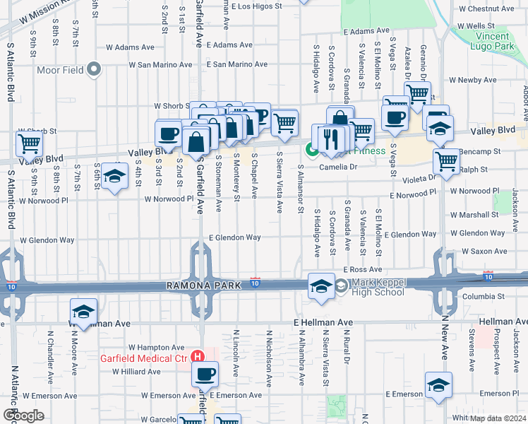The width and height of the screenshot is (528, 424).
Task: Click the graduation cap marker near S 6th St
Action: pos(113,176)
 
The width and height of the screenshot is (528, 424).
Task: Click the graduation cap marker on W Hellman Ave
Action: pos(83,312)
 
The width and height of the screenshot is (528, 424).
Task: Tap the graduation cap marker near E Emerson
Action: pos(438,385)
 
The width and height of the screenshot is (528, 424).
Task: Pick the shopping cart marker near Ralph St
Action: pos(446,161)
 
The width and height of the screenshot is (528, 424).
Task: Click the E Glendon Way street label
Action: pos(235,237)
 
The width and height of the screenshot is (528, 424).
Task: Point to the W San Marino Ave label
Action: pos(160,64)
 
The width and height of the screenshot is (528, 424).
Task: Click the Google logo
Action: pos(23,415)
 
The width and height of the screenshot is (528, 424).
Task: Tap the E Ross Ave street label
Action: pos(363,270)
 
